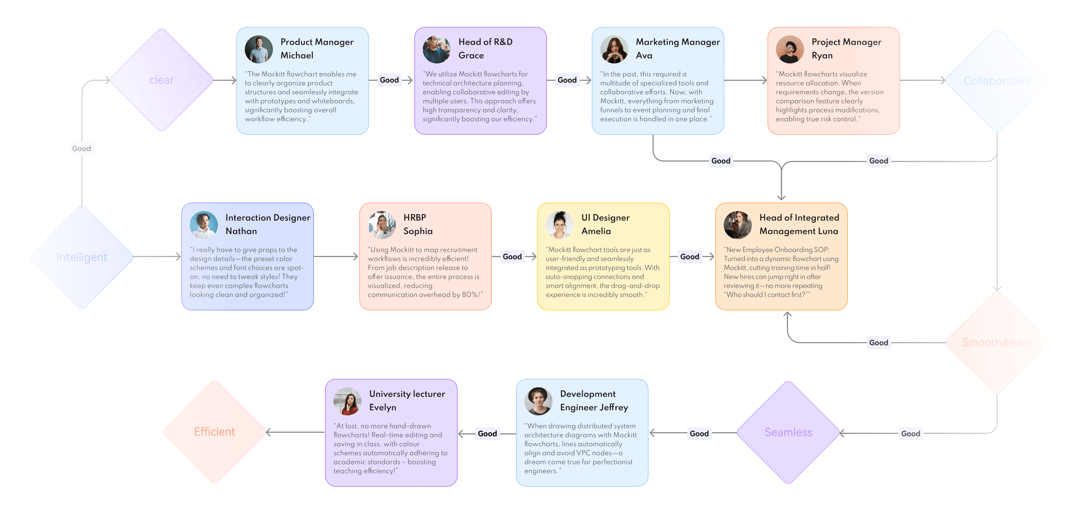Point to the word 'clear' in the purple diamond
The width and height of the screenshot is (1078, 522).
(161, 80)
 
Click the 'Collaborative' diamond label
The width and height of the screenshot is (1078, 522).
(997, 81)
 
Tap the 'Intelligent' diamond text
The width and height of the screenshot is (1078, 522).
(82, 257)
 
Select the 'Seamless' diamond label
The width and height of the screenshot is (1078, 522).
(788, 432)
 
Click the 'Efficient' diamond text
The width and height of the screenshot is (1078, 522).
(215, 432)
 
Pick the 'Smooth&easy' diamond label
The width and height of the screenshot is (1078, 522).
(997, 343)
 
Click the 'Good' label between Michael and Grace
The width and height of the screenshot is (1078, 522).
(389, 80)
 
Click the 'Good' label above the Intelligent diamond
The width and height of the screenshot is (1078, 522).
(82, 148)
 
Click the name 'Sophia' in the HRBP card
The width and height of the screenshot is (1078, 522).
(418, 231)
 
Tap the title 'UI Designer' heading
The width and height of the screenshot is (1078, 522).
(605, 217)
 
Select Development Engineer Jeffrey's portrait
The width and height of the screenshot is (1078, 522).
(538, 401)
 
